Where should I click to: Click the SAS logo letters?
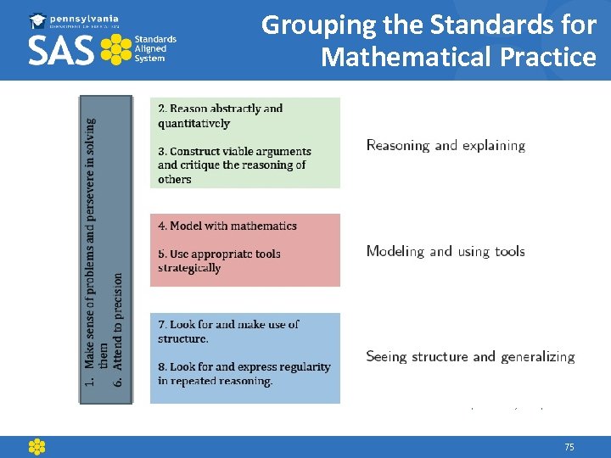tap(62, 50)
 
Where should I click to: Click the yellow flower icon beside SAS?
tap(115, 50)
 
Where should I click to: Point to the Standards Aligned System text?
tap(155, 49)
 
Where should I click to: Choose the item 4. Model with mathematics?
tap(227, 226)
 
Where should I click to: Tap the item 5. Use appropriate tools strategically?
tap(218, 260)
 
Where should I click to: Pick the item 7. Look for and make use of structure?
tap(228, 331)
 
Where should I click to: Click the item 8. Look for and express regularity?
tap(244, 373)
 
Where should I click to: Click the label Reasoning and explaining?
tap(446, 145)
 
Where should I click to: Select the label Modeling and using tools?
tap(446, 251)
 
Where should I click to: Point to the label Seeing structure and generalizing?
tap(470, 356)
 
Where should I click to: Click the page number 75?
tap(569, 447)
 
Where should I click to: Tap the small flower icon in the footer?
tap(36, 447)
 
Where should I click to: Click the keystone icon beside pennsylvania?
tap(39, 20)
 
